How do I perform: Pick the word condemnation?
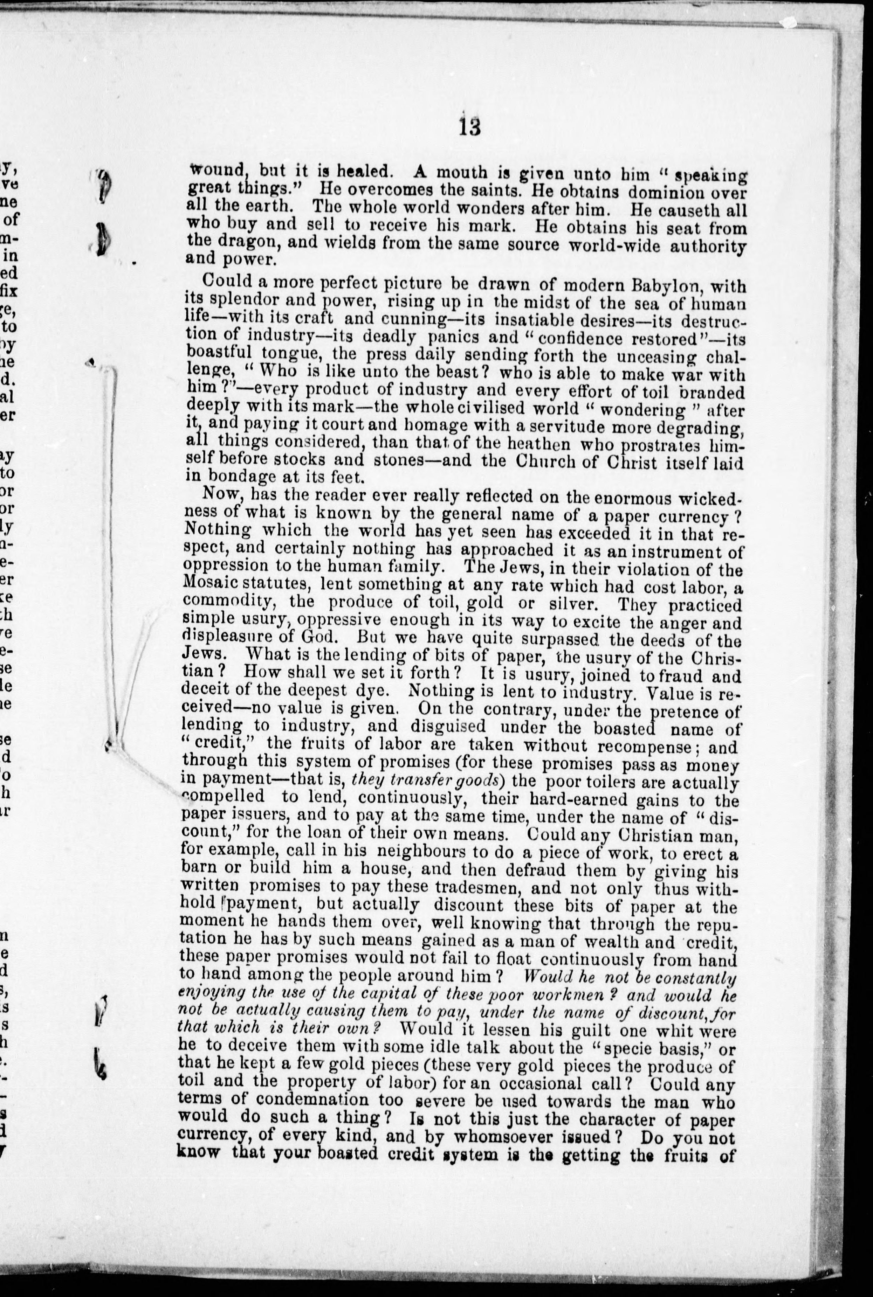pyautogui.click(x=306, y=1102)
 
